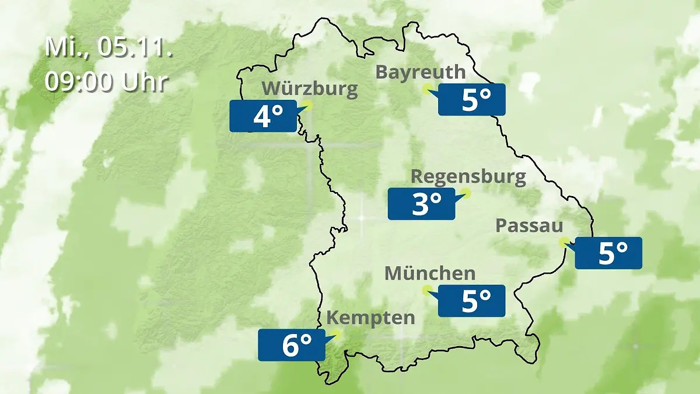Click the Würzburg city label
[x=309, y=89]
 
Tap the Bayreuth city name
[x=421, y=72]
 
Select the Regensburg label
[x=468, y=176]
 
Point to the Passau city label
[x=529, y=226]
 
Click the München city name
[x=430, y=273]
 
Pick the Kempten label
[x=370, y=318]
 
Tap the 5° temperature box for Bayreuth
[x=472, y=100]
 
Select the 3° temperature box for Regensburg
[x=421, y=204]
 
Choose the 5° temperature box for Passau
[x=608, y=253]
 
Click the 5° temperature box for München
[x=472, y=301]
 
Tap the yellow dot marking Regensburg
[x=466, y=193]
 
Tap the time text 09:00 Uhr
[x=106, y=82]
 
